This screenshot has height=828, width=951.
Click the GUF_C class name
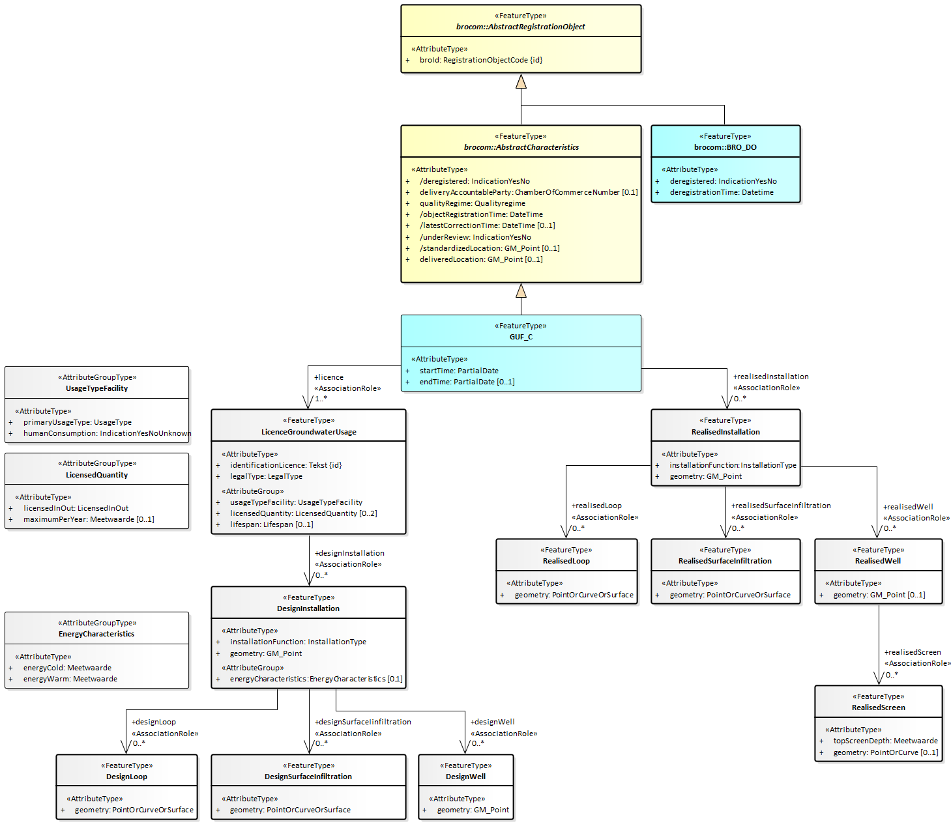(521, 337)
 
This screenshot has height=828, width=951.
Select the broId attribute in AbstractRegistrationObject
(480, 60)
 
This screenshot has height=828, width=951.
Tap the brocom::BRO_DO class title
(725, 147)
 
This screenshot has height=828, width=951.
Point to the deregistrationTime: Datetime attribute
(722, 192)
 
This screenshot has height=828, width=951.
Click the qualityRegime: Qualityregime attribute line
(472, 203)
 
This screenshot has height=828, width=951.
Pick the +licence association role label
(329, 377)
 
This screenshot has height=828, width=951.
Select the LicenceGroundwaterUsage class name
(308, 432)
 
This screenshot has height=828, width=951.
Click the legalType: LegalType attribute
(266, 476)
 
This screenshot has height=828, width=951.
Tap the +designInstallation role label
(349, 553)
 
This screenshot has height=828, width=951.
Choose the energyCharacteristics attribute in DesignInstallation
(315, 679)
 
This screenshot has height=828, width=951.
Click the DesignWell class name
(465, 777)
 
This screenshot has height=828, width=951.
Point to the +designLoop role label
(154, 722)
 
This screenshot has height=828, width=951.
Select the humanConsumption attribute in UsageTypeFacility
(107, 433)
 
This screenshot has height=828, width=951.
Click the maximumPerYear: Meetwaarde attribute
(89, 519)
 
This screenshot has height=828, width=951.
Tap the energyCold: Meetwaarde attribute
(67, 668)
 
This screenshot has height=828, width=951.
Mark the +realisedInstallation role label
(770, 377)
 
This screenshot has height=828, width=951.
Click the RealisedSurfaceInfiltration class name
(725, 561)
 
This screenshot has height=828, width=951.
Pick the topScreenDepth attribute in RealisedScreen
(885, 741)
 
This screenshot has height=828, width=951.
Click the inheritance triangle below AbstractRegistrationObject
(521, 81)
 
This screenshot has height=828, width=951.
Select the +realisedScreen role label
(913, 652)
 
